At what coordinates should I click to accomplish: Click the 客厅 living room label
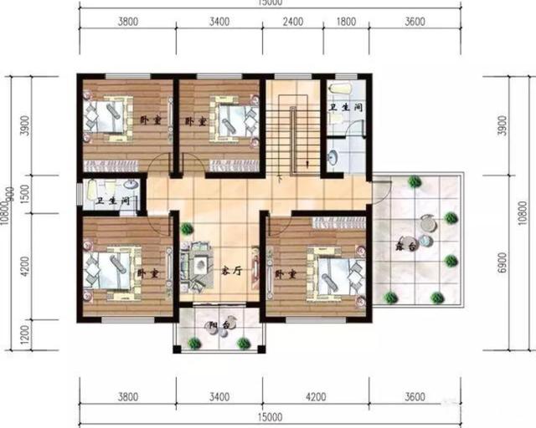coord(232,270)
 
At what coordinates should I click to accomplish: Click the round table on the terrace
coord(429,223)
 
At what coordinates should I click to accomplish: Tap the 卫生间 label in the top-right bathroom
coord(344,108)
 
